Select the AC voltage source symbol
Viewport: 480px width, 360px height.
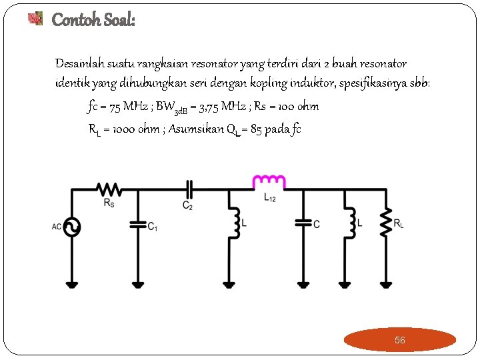tap(71, 227)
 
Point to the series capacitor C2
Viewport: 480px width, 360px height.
tap(189, 189)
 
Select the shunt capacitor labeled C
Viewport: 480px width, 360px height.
tap(303, 223)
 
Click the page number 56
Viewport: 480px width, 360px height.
tap(399, 340)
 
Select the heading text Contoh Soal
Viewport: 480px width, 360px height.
tap(93, 20)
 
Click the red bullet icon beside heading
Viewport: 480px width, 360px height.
tap(35, 19)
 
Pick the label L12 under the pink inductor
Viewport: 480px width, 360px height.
tap(269, 198)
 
